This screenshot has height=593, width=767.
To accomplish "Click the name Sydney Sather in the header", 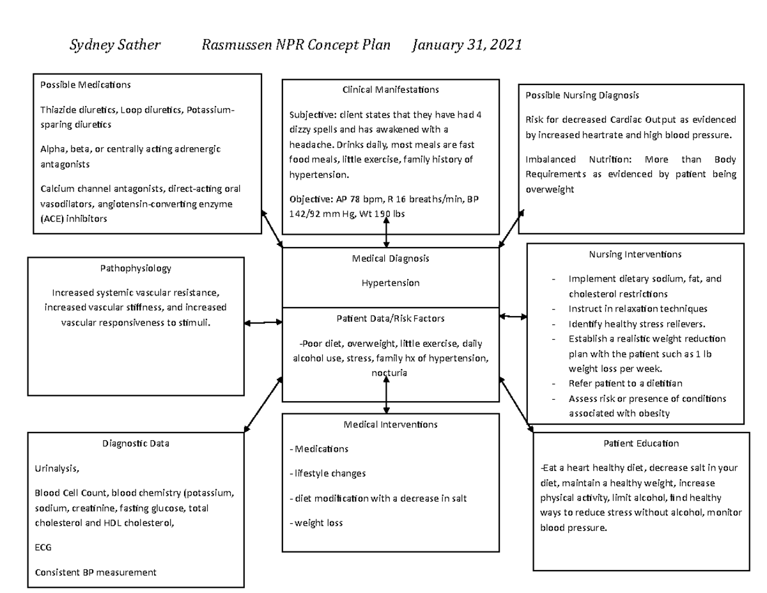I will tap(114, 45).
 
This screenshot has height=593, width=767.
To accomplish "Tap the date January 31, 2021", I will tap(467, 45).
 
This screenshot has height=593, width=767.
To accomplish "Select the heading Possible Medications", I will tap(86, 84).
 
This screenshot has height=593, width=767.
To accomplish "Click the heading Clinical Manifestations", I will tap(391, 90).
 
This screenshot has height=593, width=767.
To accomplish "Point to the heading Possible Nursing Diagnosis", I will tap(582, 95).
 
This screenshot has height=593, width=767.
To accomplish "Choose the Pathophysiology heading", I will tap(136, 269).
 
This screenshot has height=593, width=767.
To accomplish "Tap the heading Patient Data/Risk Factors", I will tap(391, 318).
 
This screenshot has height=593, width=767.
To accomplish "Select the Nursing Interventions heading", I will tap(635, 254).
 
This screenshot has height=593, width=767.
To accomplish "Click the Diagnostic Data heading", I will tap(136, 443).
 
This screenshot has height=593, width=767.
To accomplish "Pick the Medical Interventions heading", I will tap(391, 424).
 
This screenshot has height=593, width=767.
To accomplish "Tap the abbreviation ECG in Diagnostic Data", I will tap(43, 548).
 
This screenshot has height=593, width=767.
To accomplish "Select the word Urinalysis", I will tap(57, 468).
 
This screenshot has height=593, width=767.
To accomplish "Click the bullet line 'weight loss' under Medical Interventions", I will tap(318, 523).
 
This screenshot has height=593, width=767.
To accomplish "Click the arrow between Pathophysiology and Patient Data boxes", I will tap(263, 323).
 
